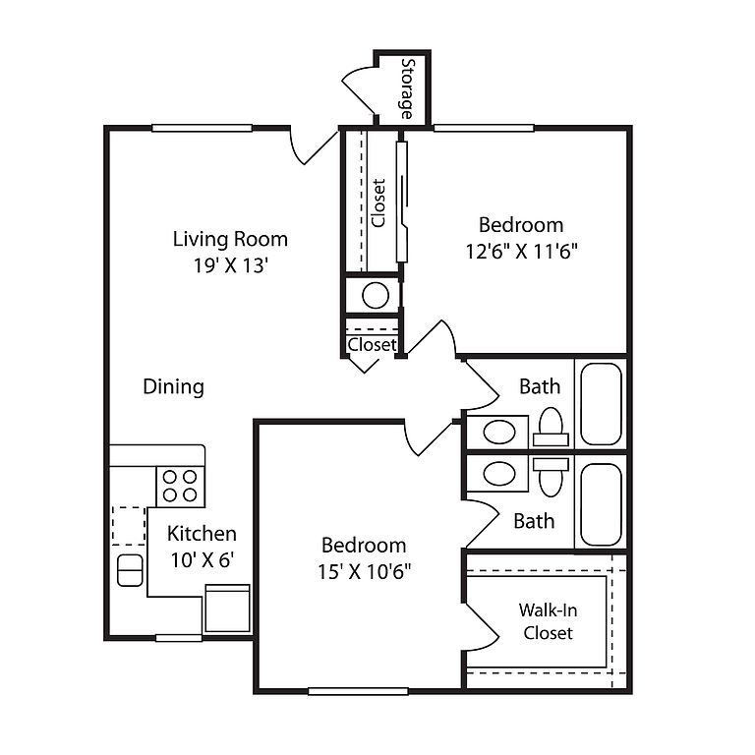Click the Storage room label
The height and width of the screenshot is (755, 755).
tap(407, 88)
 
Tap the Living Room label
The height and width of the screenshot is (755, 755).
tap(230, 239)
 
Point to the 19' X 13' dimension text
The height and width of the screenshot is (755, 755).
tap(230, 264)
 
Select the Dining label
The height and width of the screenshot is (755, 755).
tap(173, 386)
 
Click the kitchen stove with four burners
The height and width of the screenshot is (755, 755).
tap(180, 486)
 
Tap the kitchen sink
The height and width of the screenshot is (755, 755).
tap(130, 570)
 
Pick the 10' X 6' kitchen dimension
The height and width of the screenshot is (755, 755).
tap(203, 559)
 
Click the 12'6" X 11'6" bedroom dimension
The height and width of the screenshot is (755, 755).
tap(521, 251)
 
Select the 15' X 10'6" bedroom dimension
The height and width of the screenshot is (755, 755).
tap(364, 571)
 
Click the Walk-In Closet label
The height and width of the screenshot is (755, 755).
tap(548, 621)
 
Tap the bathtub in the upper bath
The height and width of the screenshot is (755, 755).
tap(601, 404)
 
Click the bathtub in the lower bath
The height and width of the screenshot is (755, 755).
tap(601, 504)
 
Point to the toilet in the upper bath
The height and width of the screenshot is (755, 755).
tap(551, 428)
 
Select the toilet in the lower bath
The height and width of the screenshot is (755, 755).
tap(551, 477)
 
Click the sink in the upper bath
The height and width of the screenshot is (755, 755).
tap(499, 432)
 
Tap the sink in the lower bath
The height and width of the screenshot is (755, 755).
tap(499, 473)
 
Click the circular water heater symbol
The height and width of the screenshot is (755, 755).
tap(376, 295)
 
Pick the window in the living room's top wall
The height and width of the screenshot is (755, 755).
tap(203, 128)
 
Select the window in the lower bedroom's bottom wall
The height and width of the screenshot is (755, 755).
tap(358, 691)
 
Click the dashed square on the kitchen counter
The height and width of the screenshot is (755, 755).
tap(129, 526)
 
